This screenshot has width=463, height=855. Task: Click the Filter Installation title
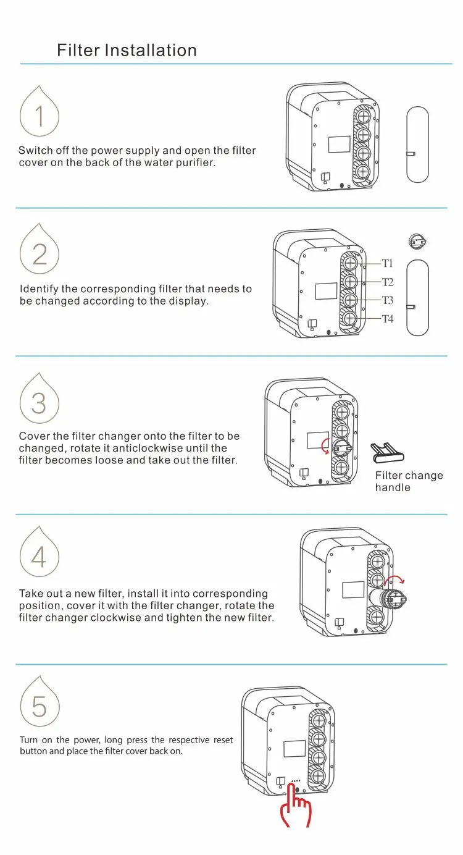coord(127,50)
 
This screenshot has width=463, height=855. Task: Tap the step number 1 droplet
coord(40,111)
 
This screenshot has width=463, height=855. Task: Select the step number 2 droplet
coord(40,248)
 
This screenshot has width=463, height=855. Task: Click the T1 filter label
coord(388,263)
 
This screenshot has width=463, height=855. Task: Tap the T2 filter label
coord(388,282)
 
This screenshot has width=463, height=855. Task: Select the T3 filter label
coord(388,300)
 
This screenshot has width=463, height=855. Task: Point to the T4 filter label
coord(388,319)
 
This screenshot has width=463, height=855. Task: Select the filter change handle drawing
coord(387,452)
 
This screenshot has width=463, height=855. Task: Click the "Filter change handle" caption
coord(409,481)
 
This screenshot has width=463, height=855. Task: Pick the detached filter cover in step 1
coord(417,145)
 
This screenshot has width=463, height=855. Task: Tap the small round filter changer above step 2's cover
coord(417,242)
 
